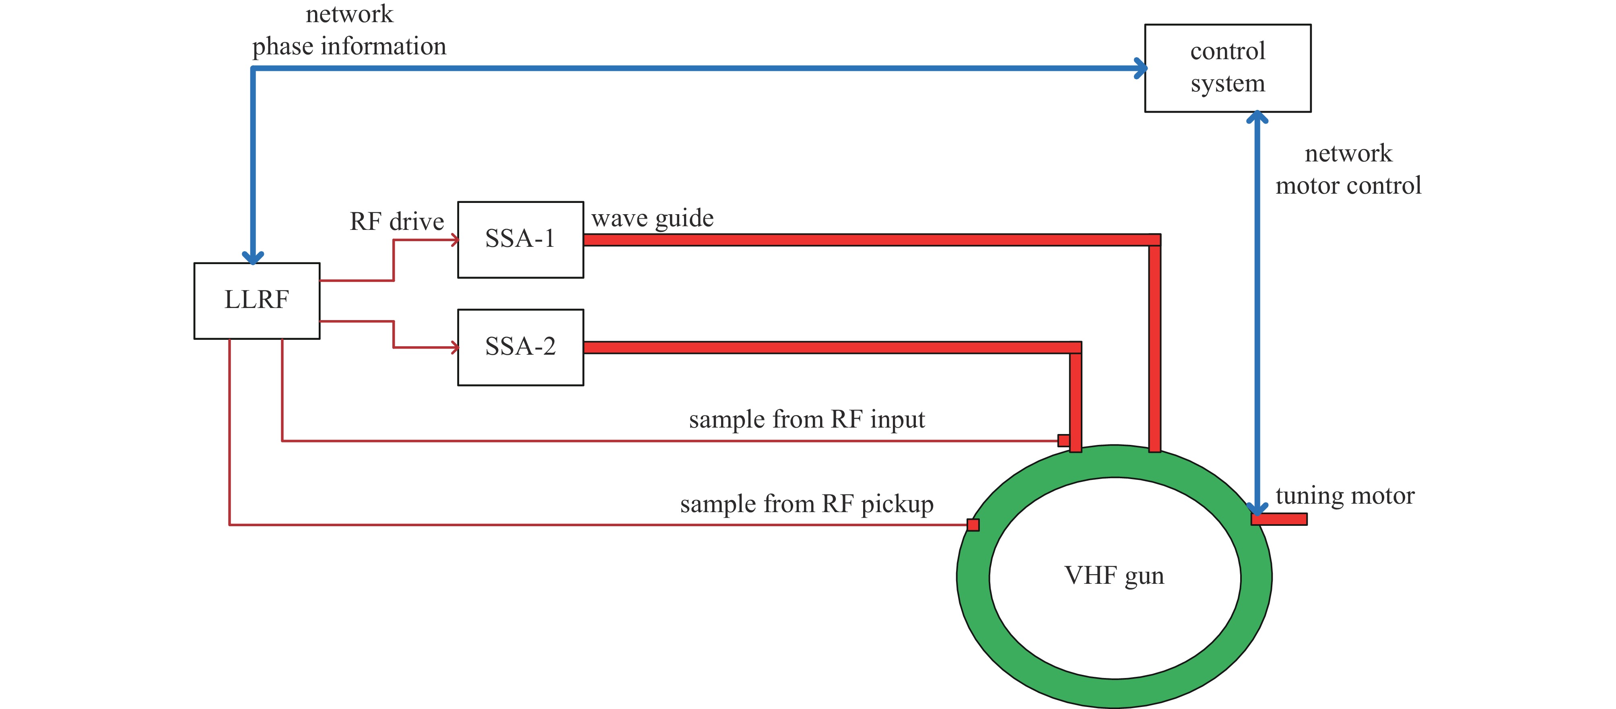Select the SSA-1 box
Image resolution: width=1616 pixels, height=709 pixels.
click(x=520, y=240)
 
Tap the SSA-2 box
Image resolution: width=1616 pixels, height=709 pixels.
click(x=520, y=347)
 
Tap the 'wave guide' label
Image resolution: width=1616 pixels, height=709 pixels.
click(x=652, y=218)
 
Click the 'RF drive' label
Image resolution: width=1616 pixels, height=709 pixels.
click(x=396, y=221)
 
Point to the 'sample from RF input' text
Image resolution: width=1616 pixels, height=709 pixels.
click(x=807, y=419)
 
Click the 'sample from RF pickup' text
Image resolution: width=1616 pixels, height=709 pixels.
click(x=807, y=504)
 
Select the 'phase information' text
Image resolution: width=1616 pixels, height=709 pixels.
click(x=349, y=46)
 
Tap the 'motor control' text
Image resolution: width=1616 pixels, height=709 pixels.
click(x=1348, y=186)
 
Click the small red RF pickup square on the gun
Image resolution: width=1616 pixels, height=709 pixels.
click(x=973, y=525)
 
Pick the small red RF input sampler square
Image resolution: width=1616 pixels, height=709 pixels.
click(x=1064, y=440)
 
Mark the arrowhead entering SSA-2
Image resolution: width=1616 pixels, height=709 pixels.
click(x=454, y=347)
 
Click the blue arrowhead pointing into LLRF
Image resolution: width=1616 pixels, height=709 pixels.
click(x=253, y=257)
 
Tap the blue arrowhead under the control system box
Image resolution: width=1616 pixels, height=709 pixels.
click(x=1257, y=118)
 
